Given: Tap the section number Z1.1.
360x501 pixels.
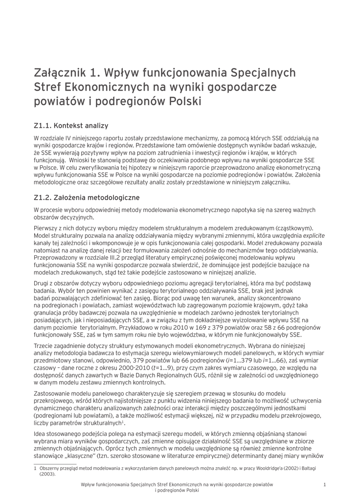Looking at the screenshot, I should [43, 125].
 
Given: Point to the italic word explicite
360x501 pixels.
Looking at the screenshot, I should [314, 235].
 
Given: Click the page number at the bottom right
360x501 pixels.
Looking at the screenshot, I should [325, 484].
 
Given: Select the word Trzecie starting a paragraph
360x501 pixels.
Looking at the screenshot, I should [45, 345].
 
